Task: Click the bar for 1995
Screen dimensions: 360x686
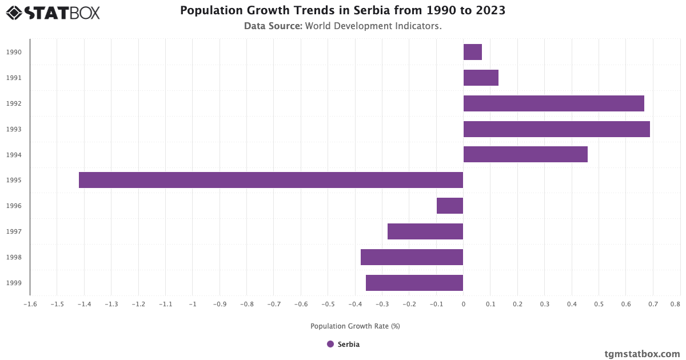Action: pos(271,180)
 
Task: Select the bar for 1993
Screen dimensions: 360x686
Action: pos(556,129)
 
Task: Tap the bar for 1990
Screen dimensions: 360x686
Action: pos(472,52)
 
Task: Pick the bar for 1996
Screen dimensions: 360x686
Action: pos(450,206)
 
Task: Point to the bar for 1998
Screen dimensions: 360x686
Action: pos(412,257)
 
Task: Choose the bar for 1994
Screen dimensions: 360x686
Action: pos(525,154)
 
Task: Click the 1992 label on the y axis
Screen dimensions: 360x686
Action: pos(14,103)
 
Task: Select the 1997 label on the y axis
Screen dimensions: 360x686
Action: pos(14,231)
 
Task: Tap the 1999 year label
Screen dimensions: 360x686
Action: pos(14,283)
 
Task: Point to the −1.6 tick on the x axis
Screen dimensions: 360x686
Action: pos(30,305)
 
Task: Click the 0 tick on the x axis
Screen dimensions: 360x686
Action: pos(463,305)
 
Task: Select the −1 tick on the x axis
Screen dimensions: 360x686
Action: pos(193,305)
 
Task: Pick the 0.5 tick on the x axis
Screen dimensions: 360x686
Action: pos(599,305)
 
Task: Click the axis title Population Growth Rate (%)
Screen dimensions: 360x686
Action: pos(355,326)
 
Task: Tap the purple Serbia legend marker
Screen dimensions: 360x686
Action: pos(330,344)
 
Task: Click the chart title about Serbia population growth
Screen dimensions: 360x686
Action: pos(343,10)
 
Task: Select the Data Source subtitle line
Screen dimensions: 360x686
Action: pos(343,26)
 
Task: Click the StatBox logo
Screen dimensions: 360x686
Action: pos(53,13)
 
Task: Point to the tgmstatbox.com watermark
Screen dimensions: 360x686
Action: pos(642,354)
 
